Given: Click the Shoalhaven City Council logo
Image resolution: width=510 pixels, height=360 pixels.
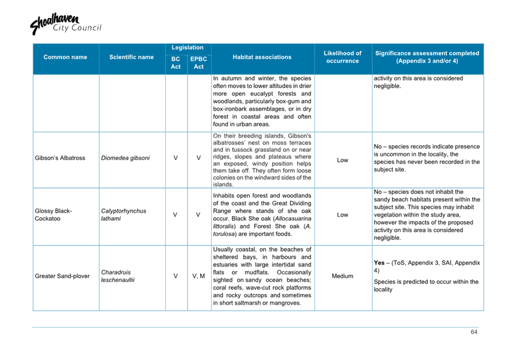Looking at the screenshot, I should tap(65, 25).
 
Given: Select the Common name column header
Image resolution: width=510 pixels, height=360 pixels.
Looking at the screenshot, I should tap(65, 57).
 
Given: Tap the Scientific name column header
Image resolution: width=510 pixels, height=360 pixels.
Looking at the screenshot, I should tap(131, 57).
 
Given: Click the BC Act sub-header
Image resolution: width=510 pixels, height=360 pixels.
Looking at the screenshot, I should tap(176, 63).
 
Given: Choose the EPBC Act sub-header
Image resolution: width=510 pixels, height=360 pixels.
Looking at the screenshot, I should tap(198, 63).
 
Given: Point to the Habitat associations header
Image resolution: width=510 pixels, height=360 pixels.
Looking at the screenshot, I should tap(262, 57).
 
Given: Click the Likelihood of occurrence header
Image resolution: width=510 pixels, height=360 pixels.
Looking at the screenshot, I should tap(342, 57).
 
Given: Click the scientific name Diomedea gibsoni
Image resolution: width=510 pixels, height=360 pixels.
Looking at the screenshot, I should tap(125, 158).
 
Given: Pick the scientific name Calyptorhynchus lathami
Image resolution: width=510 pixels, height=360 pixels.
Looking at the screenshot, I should tap(123, 215).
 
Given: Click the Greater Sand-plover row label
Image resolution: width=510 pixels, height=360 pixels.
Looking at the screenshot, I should tap(62, 276).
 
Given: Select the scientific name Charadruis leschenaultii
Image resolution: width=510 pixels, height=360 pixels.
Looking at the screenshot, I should tap(118, 276).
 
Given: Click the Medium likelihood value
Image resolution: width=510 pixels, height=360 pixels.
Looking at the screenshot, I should tap(342, 276).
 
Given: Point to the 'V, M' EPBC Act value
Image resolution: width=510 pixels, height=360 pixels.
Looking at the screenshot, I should tap(198, 276).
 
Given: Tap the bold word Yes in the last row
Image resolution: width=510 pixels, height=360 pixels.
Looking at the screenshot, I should tap(379, 263).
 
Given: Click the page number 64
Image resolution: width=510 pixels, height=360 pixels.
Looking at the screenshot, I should tap(474, 332).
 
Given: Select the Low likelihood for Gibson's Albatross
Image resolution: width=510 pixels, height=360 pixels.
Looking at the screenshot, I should tap(342, 161).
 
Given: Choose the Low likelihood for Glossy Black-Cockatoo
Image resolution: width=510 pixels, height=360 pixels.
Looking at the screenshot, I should tap(342, 215).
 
